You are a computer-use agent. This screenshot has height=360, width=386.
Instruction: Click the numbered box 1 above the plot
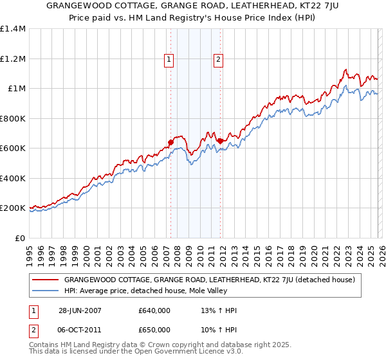pos(169,60)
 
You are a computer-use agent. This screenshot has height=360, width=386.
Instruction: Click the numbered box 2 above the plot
pos(218,60)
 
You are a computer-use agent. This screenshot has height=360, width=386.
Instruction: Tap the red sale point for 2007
pos(171,142)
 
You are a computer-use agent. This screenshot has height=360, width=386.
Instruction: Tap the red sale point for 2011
pos(220,141)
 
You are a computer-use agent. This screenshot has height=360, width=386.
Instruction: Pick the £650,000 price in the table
pos(154,330)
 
